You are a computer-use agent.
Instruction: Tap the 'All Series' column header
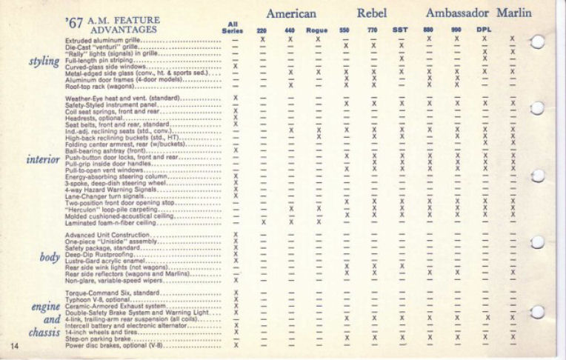(x=234, y=27)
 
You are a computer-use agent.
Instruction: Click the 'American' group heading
(x=291, y=13)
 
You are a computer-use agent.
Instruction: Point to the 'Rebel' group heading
(x=372, y=13)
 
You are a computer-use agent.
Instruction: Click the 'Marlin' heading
(x=514, y=13)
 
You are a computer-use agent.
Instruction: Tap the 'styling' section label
(x=44, y=61)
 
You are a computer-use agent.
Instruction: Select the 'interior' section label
(x=43, y=159)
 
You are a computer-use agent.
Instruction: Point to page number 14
(x=15, y=346)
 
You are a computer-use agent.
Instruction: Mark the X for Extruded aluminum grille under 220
(x=262, y=39)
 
